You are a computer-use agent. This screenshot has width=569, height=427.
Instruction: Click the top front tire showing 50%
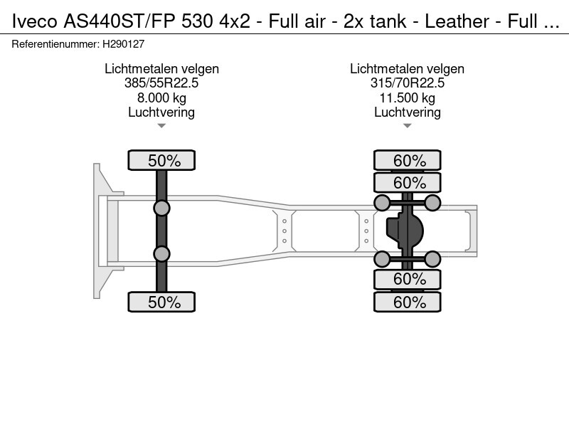coord(161,160)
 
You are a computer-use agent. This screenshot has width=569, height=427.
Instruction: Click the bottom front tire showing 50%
coord(161,302)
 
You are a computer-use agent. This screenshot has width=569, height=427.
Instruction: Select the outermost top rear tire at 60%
coord(407,160)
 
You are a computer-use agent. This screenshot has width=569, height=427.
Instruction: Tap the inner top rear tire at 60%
coord(407,182)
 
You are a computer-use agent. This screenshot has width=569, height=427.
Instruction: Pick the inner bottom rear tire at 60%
coord(407,279)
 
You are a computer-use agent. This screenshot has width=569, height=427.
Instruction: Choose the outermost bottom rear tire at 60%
coord(407,302)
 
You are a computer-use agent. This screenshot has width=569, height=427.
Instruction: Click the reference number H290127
coord(123,44)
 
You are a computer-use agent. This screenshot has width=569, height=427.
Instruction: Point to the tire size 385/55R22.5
coord(161,83)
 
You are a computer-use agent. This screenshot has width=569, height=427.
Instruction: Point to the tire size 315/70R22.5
coord(407,83)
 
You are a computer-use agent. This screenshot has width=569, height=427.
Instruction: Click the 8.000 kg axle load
coord(161,97)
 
